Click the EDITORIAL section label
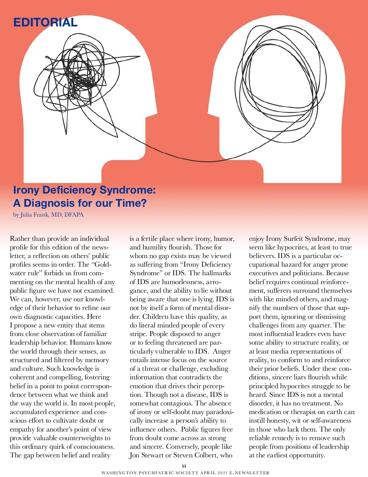45,22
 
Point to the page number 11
184,466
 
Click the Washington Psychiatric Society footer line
185,473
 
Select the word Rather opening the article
20,239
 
